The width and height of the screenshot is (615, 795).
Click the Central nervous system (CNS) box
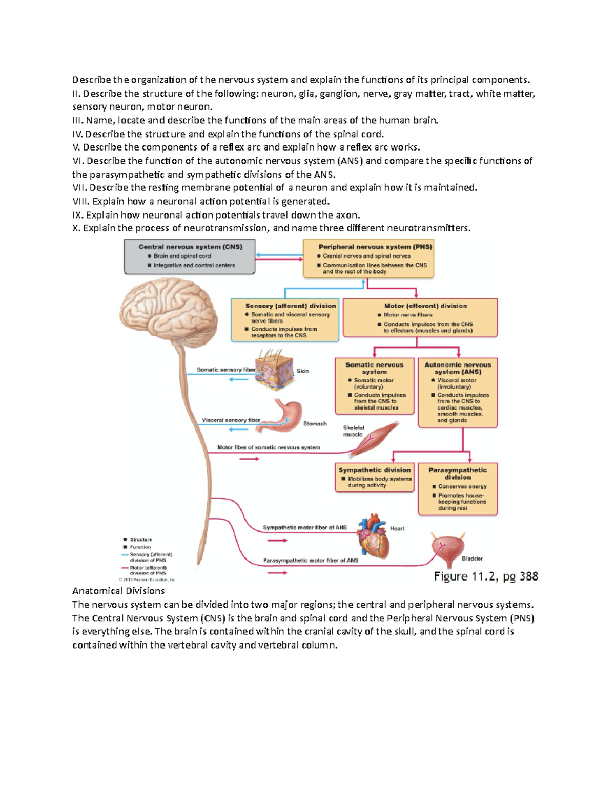pos(189,257)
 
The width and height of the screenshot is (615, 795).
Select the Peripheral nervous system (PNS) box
pos(368,259)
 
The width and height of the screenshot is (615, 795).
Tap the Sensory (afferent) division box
pos(285,320)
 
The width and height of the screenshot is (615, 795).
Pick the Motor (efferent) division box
pos(420,318)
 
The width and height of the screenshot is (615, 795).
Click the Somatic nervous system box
pos(374,386)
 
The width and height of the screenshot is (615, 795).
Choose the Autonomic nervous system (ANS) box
pos(458,392)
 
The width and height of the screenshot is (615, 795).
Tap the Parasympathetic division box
pos(458,489)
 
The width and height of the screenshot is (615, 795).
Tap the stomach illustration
pos(286,415)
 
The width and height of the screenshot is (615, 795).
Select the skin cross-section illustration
pos(275,370)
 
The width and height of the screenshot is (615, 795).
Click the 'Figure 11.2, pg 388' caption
pos(485,576)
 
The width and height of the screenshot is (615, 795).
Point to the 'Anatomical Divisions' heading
pos(118,591)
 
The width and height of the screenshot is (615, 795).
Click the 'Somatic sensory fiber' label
pos(226,370)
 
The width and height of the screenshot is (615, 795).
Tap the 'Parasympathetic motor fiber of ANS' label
pos(311,561)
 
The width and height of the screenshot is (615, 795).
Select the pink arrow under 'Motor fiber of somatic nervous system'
pos(250,459)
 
